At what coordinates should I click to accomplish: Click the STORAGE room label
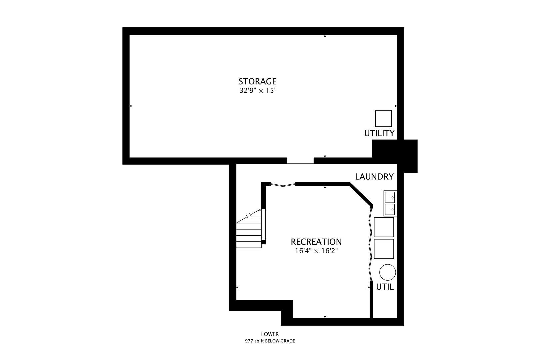257,81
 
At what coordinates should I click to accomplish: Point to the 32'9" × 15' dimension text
257,91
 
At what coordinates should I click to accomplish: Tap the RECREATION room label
316,242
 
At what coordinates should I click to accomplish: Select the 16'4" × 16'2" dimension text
316,251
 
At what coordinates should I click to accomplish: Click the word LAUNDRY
374,177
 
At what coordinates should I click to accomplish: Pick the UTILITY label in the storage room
379,133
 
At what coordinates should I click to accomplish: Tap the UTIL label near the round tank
385,287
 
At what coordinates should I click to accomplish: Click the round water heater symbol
387,272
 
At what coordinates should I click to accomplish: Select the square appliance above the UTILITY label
383,118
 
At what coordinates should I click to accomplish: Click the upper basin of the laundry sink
389,197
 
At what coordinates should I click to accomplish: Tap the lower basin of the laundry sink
389,210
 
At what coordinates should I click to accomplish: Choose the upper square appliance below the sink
384,227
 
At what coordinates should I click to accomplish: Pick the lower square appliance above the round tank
384,249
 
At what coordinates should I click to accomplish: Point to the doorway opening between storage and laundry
300,161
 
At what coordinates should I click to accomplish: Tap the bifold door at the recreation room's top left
283,184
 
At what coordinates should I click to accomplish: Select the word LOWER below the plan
270,334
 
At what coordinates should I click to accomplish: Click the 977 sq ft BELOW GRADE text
270,341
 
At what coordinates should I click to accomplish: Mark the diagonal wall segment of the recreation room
361,194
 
